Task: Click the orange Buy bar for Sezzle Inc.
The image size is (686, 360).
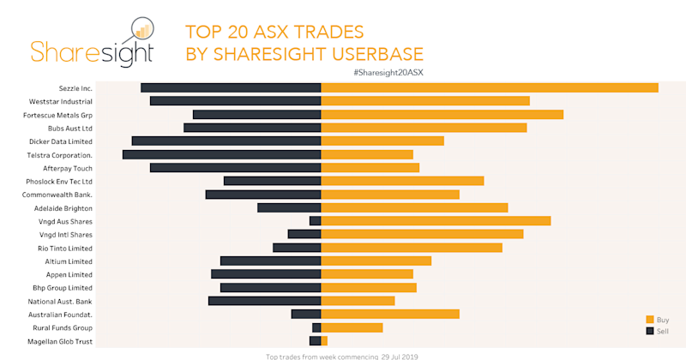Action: coord(489,87)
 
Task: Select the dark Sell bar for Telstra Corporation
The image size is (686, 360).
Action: coord(221,154)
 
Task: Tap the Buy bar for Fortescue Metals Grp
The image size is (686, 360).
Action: coord(442,114)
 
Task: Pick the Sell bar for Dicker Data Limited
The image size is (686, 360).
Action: coord(226,141)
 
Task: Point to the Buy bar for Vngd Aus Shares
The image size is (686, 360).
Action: coord(436,221)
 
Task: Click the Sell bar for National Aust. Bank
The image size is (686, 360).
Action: coord(264,301)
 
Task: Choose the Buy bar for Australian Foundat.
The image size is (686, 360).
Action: coord(390,315)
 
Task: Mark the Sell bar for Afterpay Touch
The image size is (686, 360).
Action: coord(235,168)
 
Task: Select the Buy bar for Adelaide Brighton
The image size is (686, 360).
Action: coord(414,207)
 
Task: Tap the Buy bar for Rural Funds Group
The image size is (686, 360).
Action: coord(352,327)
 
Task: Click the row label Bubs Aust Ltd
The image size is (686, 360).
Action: coord(70,128)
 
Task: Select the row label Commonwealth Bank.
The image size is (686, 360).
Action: coord(57,195)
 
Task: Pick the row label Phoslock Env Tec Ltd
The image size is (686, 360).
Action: coord(59,182)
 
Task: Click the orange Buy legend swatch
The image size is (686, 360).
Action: coord(650,319)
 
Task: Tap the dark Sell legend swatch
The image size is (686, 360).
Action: coord(650,331)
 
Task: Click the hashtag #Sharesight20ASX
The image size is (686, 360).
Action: coord(388,72)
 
